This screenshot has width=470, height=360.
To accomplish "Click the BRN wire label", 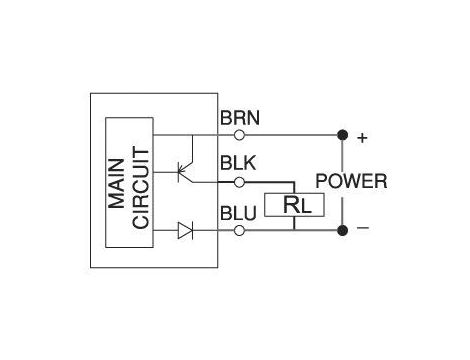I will point(240,117).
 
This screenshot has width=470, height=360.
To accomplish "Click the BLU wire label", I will point(238,213).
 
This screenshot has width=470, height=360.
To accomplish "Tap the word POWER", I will point(351,182).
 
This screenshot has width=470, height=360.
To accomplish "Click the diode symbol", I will point(184,231).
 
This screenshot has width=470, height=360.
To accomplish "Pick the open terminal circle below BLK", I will point(238,182).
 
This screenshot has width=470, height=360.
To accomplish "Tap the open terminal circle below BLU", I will point(238,231).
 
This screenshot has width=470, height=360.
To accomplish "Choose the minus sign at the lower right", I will point(362,229).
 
